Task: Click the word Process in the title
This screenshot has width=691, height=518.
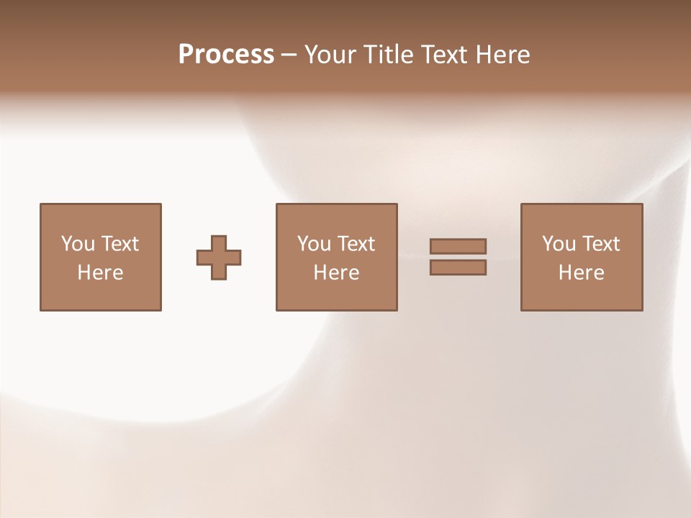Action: pos(226,55)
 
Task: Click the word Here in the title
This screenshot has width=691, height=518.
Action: pos(504,55)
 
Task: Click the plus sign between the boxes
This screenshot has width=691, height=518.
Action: pos(219,258)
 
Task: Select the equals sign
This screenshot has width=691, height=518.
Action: pos(458,257)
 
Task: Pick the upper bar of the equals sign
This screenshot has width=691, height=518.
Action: pos(458,247)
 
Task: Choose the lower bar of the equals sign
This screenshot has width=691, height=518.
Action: pos(458,267)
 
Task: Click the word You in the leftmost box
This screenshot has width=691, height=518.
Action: pos(78,244)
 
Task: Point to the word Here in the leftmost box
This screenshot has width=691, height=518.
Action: pos(100,273)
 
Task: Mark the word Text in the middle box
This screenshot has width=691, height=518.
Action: pos(356,244)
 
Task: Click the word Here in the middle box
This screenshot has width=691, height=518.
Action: pos(336,273)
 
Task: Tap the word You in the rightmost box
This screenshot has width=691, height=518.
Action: pos(559,244)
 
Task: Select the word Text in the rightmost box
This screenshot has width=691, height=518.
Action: pos(600,244)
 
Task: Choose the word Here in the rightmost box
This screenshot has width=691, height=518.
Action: pos(581,273)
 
